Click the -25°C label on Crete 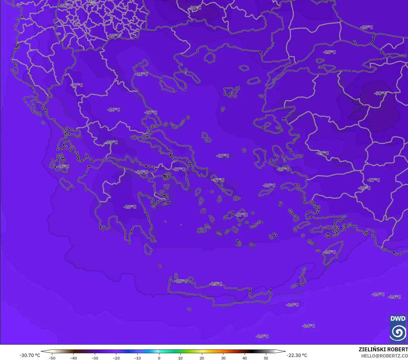(216, 284)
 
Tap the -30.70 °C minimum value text (30, 355)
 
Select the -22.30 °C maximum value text (297, 355)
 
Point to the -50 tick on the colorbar (52, 358)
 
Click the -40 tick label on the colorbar (73, 358)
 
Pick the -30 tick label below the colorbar (95, 358)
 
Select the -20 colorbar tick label (116, 358)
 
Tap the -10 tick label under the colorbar (138, 358)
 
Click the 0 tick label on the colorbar (159, 358)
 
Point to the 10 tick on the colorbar (180, 358)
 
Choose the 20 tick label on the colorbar (202, 358)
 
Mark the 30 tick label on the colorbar (223, 358)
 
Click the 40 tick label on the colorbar (244, 358)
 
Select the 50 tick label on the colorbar (266, 358)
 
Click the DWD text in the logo (398, 319)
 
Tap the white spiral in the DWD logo (398, 332)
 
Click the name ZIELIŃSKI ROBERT (383, 349)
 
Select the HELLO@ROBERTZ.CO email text (385, 356)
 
